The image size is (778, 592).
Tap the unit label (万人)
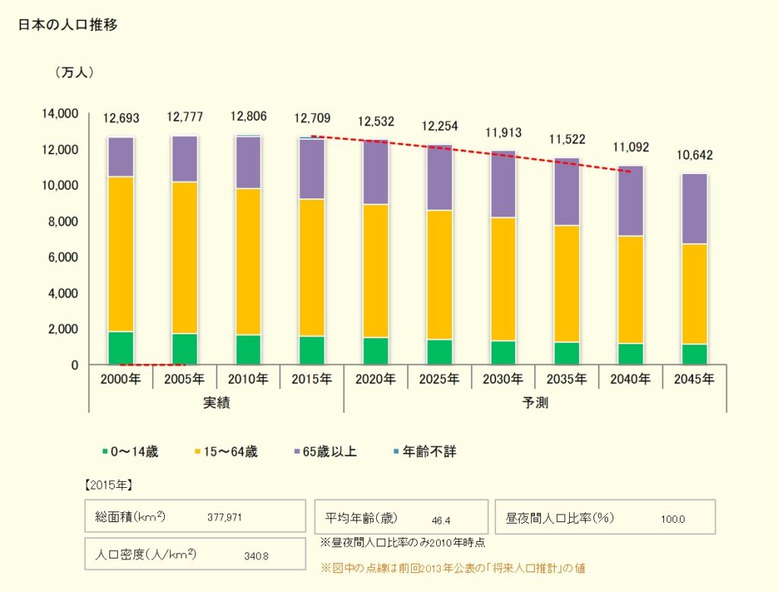pos(74,73)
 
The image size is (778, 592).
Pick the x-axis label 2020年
pos(375,378)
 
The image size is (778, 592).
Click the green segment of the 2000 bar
pos(121,348)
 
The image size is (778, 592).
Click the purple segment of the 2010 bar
pos(248,163)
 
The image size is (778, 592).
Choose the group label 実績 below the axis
pos(217,402)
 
